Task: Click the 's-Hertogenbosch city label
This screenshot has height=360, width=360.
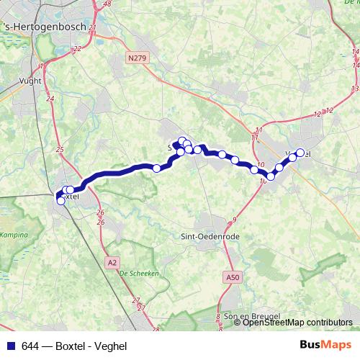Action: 45,27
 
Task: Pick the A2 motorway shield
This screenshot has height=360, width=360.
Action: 112,263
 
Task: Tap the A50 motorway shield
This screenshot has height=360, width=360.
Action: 231,276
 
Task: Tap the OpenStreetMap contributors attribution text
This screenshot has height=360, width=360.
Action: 297,323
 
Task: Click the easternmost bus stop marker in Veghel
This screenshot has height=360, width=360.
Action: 300,152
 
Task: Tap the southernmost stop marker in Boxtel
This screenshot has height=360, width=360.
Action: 60,201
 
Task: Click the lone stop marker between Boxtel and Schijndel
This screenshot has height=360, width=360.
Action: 156,168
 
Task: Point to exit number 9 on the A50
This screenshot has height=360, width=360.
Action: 235,219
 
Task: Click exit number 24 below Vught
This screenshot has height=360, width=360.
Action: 50,98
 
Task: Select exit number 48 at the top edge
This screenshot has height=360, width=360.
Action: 107,4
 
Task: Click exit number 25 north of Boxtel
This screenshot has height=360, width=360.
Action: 59,150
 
